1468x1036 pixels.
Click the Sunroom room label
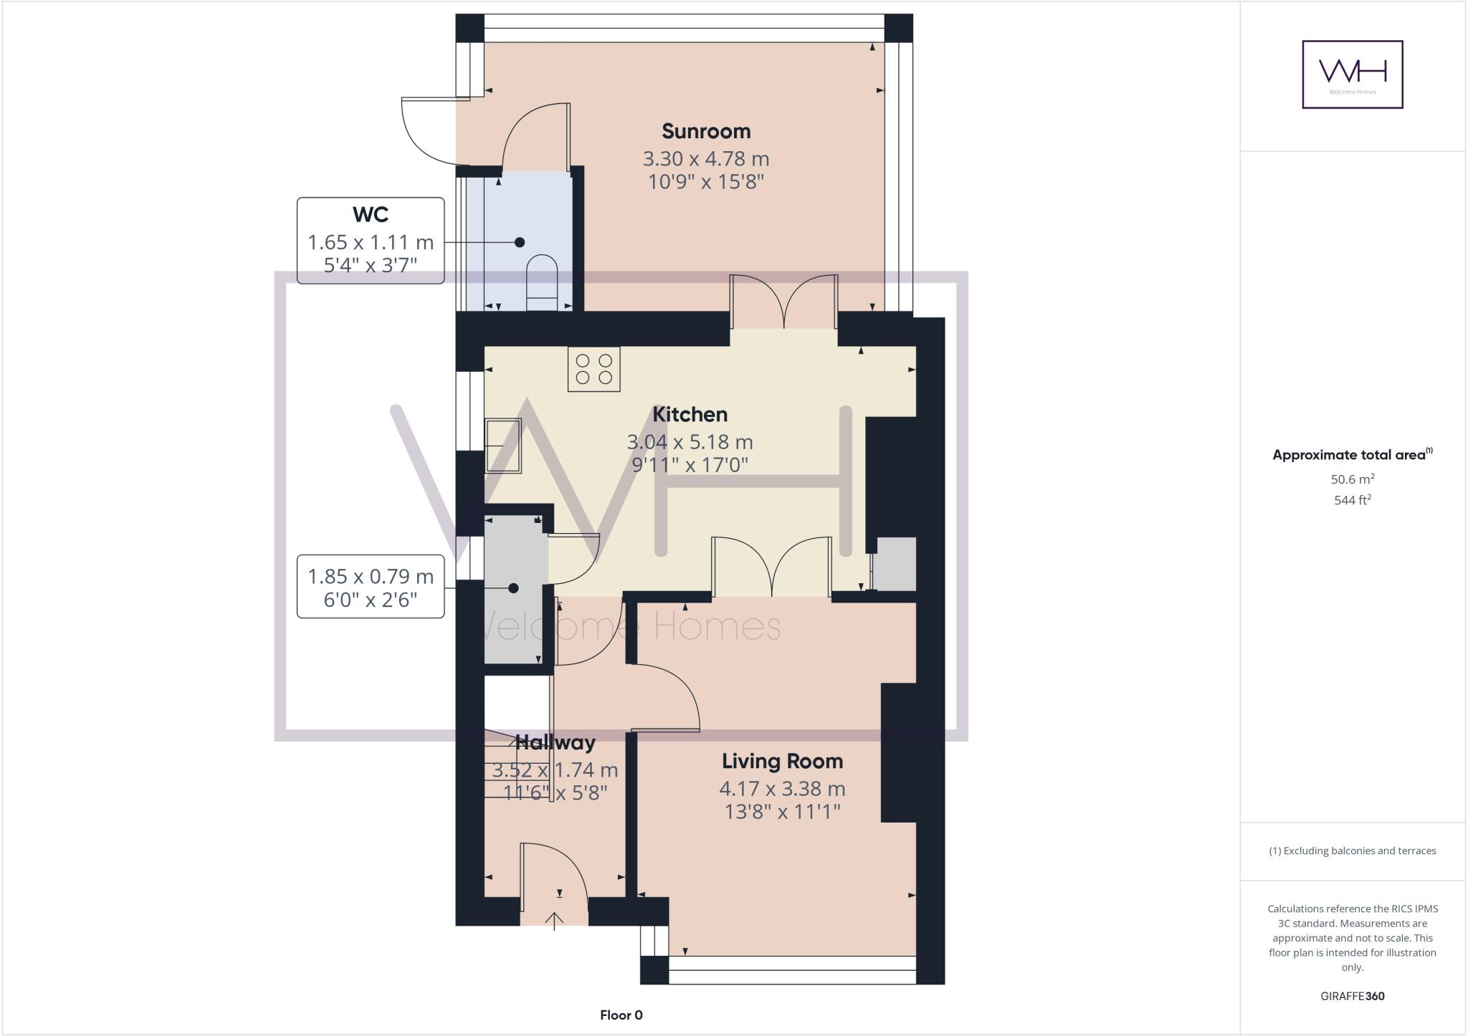(706, 131)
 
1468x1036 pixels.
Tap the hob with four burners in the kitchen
(594, 369)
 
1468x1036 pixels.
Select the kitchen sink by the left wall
(503, 446)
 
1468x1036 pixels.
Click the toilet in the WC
(542, 284)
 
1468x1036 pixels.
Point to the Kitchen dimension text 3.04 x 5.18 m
(690, 442)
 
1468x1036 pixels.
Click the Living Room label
(782, 761)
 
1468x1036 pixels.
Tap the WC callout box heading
(371, 214)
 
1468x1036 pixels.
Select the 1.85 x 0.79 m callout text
(371, 576)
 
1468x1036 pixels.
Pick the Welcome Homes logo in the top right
(1352, 75)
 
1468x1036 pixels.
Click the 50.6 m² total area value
(1352, 479)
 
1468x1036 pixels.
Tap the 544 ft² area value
(1352, 500)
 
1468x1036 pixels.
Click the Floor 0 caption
(621, 1015)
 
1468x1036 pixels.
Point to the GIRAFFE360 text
(1352, 996)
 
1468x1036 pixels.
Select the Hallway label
(556, 742)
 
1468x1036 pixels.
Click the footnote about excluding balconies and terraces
(1352, 851)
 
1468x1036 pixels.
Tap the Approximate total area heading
(1352, 454)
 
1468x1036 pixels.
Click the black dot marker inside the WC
(520, 242)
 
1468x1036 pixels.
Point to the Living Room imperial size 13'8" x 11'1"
(782, 812)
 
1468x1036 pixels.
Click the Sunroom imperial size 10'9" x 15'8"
(706, 181)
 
